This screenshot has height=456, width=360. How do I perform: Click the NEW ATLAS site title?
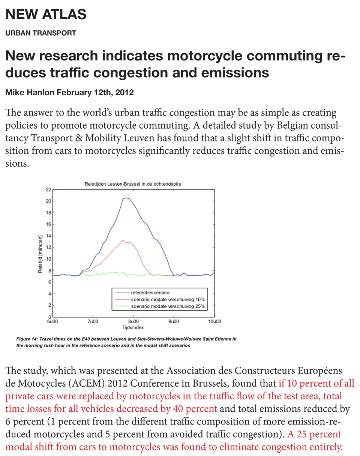click(46, 14)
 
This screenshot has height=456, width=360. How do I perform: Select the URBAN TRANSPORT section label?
click(40, 33)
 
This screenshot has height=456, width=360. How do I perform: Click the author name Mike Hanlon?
click(30, 92)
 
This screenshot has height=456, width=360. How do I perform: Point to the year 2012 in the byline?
click(124, 92)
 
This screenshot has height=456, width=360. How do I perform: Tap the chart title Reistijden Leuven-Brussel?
click(133, 184)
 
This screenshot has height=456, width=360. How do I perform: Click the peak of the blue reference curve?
click(126, 198)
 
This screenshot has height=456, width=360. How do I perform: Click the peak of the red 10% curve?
click(123, 240)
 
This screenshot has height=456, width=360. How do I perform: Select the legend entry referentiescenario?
click(150, 292)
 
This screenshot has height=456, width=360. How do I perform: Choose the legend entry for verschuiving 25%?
click(168, 306)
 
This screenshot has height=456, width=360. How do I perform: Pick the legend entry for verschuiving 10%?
click(168, 299)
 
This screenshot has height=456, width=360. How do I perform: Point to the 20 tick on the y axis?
click(48, 201)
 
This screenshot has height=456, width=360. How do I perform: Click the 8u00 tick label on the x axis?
click(133, 321)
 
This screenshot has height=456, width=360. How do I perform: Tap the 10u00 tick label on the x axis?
click(214, 321)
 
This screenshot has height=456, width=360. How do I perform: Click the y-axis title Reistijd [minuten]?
click(40, 254)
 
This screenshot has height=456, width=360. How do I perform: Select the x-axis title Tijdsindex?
click(133, 328)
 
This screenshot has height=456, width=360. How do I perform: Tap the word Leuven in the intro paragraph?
click(139, 138)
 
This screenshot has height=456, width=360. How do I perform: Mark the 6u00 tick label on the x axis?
click(52, 321)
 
